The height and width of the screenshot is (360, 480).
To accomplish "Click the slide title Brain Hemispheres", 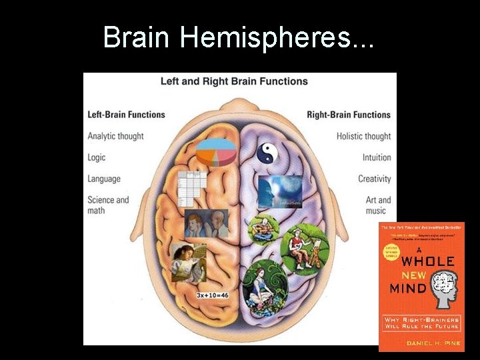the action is coord(239,38).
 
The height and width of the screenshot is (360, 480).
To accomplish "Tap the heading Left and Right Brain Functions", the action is coord(234,81).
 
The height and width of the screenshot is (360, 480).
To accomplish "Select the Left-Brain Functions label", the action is coord(126,115).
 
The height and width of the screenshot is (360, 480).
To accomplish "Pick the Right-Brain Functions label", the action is coord(349,115).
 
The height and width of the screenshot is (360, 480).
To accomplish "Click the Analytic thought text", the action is coord(115,136).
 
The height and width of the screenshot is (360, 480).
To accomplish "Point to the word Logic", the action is coord(97,157).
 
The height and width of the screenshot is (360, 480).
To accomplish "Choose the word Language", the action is coord(104,179).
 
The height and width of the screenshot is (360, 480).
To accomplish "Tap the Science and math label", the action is coord(108,205).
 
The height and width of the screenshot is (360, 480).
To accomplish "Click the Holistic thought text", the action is coord(363,136).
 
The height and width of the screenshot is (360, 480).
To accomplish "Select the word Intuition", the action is coord(376,157).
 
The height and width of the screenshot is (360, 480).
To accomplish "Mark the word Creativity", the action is coord(374,179).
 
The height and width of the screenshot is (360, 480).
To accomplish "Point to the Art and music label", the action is coord(378,205).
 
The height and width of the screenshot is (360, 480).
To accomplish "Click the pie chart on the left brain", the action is coord(217,151).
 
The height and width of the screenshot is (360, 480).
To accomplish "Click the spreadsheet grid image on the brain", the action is coord(189,187).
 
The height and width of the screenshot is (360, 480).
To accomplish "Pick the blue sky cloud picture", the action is coord(280,192).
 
